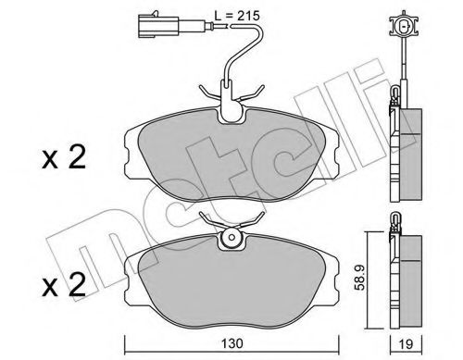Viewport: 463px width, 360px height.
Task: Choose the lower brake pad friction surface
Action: pyautogui.click(x=226, y=278)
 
